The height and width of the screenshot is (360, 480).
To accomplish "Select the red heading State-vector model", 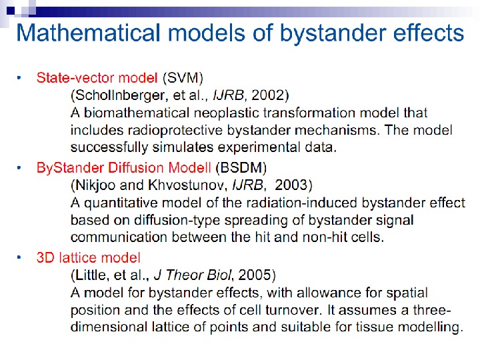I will coord(97,78).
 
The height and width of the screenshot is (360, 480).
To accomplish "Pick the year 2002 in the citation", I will coord(273,95).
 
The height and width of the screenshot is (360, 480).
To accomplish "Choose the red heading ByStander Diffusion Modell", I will coord(124,167).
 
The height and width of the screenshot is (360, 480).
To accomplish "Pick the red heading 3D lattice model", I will coord(89,257).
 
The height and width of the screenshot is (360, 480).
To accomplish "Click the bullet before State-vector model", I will coord(20,78).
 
